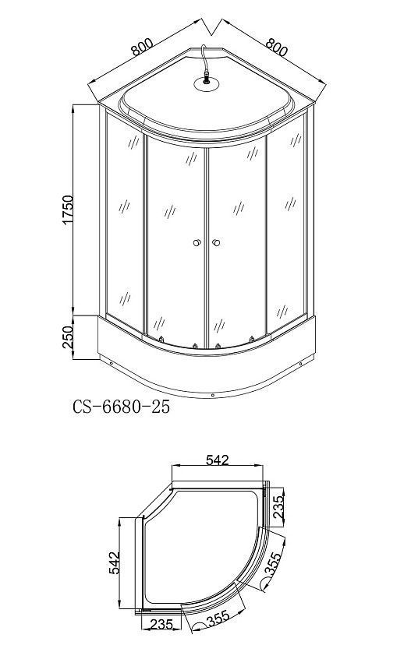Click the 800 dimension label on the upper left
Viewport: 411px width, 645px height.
click(x=142, y=48)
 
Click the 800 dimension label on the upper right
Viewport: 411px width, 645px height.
click(x=276, y=47)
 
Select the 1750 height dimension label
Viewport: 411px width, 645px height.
click(x=67, y=210)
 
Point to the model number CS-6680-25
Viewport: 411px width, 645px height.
click(x=121, y=407)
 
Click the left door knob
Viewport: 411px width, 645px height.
click(x=197, y=243)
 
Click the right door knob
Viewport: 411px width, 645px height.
click(x=216, y=243)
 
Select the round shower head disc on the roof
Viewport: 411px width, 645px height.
click(x=207, y=83)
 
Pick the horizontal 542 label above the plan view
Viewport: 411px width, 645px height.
click(x=217, y=460)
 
